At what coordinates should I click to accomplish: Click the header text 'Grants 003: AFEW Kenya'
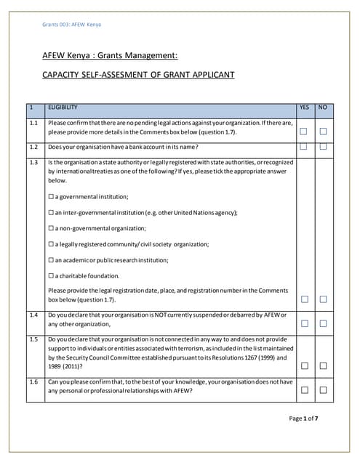point(72,25)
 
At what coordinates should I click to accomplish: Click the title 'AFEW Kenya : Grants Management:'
point(110,55)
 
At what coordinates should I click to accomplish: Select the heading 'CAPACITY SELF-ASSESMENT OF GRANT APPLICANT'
point(138,75)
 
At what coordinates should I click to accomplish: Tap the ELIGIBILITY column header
point(63,108)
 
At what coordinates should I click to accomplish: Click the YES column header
point(304,108)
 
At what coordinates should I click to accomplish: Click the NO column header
point(323,108)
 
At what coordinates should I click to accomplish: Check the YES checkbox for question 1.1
point(304,132)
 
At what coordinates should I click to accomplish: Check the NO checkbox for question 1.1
point(323,132)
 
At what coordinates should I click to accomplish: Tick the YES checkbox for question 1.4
point(304,323)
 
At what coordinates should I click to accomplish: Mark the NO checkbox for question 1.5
point(323,365)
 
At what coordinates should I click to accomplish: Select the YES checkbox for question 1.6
point(304,390)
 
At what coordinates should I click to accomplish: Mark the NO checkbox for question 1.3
point(323,299)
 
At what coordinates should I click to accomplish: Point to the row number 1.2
point(33,147)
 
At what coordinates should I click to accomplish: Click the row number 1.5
point(33,339)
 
